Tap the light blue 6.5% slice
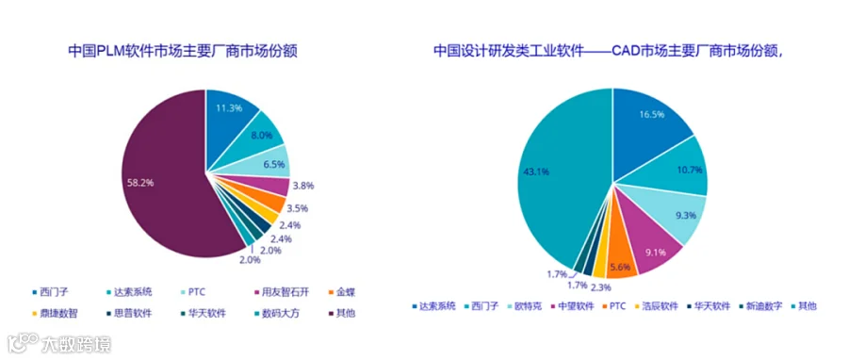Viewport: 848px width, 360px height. coord(266,161)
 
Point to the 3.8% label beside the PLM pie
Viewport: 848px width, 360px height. coord(302,186)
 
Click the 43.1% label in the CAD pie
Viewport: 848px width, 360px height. coord(536,172)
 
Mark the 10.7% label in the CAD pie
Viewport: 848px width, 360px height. coord(689,170)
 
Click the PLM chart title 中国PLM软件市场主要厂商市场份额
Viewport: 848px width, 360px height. coord(184,51)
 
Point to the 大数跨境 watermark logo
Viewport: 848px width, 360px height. coord(59,343)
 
